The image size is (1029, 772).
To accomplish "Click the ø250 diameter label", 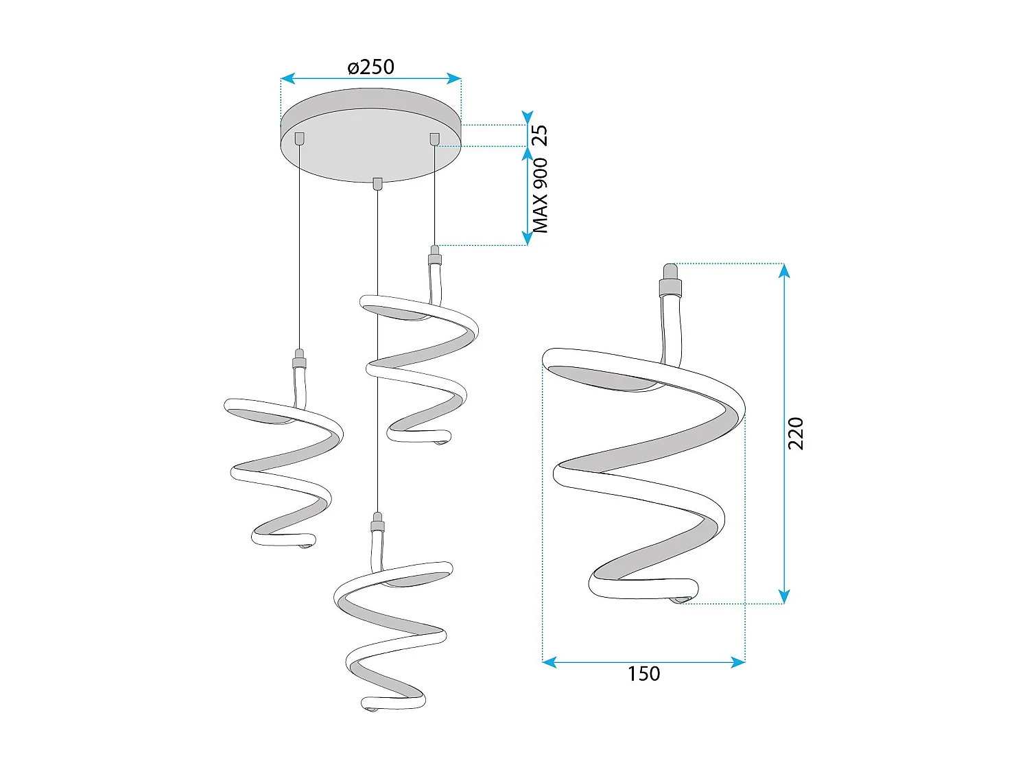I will [370, 67].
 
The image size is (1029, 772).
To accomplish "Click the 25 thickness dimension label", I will [541, 135].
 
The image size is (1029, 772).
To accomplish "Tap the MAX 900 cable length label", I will [541, 196].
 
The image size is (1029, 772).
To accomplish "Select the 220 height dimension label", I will [796, 433].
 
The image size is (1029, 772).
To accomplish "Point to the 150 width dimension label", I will [643, 674].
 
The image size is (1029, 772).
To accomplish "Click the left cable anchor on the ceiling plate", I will [299, 139].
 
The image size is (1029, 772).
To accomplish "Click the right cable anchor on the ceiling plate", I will [434, 139].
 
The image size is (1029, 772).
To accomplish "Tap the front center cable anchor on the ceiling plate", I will [377, 183].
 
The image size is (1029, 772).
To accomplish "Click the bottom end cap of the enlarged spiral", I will [678, 600].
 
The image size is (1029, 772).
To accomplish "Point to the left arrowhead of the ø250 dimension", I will [287, 79].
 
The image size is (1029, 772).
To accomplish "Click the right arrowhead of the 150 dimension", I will [739, 662].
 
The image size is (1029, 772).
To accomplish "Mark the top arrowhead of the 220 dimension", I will [785, 270].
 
